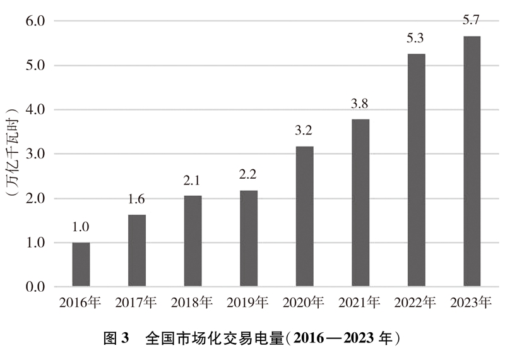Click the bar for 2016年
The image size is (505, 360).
(x=81, y=265)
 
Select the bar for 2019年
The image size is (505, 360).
(x=249, y=239)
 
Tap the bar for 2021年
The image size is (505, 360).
(x=360, y=203)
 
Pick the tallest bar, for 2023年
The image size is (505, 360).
(x=472, y=161)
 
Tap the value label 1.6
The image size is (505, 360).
(x=137, y=200)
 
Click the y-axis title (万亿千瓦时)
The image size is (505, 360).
(x=11, y=154)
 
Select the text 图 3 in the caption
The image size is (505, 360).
(x=116, y=337)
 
